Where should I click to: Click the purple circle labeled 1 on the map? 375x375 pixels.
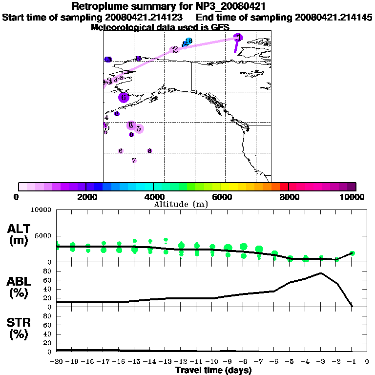[238, 38]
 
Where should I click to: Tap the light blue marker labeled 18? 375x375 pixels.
[187, 42]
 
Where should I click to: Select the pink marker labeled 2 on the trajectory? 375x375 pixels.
[174, 49]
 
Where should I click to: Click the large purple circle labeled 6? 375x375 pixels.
[124, 97]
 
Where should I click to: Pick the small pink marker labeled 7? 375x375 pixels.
[134, 160]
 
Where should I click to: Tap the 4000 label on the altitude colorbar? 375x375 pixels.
[153, 197]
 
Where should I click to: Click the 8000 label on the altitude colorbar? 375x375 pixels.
[289, 197]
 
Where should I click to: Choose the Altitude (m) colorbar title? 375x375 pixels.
[181, 204]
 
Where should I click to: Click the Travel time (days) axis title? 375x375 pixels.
[213, 371]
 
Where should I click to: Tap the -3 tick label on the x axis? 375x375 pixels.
[321, 362]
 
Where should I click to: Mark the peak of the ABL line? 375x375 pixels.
[321, 273]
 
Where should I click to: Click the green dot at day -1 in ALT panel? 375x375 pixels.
[352, 253]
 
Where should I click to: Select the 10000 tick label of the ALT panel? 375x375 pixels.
[41, 210]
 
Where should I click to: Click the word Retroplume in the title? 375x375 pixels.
[97, 7]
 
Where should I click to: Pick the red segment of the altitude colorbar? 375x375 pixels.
[284, 187]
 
